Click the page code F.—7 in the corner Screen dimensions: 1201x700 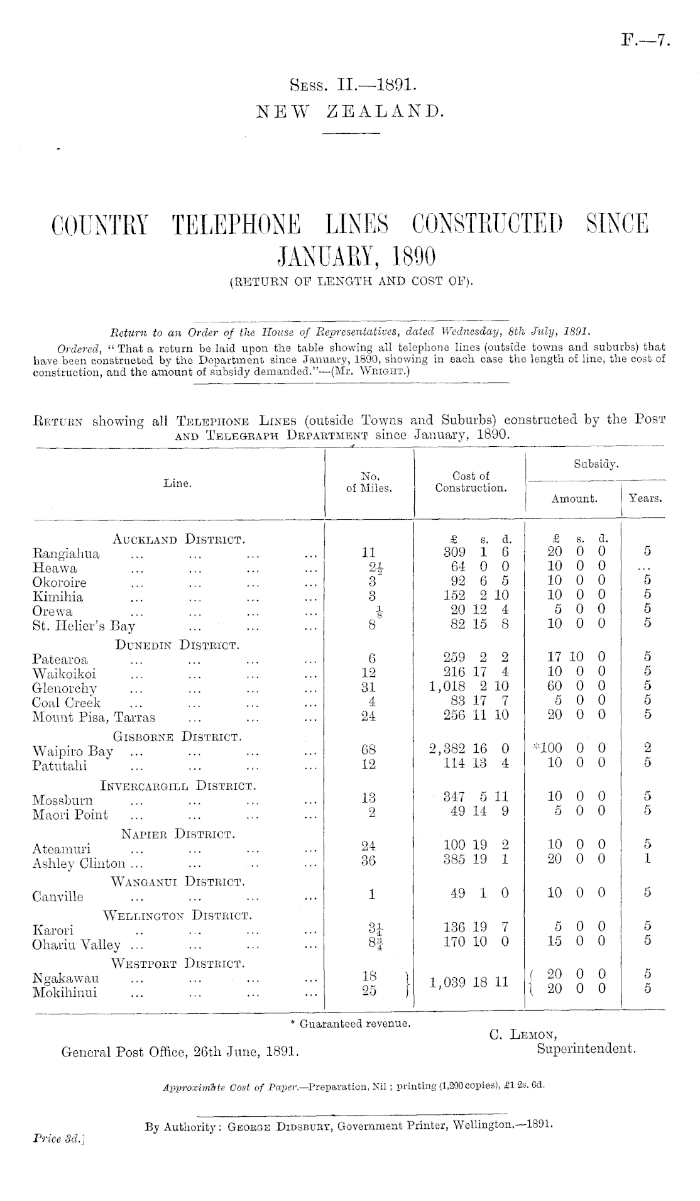[646, 42]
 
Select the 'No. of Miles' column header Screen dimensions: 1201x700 [369, 483]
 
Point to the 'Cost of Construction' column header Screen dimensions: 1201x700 [471, 483]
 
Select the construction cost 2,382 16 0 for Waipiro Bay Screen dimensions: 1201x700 [469, 749]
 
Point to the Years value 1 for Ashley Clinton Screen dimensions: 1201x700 [648, 860]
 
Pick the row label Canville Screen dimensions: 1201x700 [58, 897]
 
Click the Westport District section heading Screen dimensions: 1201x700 [178, 963]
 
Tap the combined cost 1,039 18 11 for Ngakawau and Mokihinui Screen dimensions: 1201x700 [469, 982]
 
